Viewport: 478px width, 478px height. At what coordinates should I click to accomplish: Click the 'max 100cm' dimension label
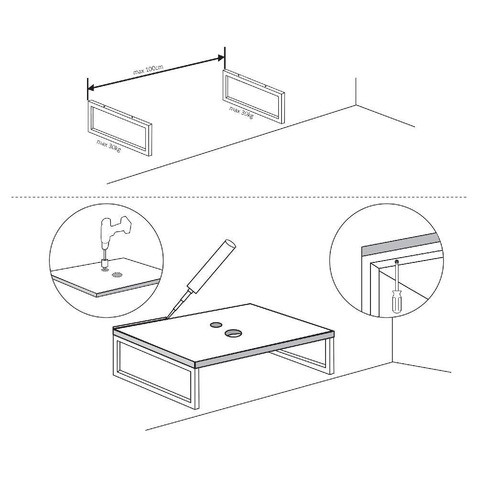148,70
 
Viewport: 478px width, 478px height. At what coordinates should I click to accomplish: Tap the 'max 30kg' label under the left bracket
109,146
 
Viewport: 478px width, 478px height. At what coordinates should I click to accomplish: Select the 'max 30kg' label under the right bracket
241,112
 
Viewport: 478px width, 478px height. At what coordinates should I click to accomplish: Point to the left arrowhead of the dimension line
91,88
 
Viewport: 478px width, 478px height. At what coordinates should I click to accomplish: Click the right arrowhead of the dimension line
220,57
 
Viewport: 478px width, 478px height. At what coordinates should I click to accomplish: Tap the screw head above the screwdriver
396,261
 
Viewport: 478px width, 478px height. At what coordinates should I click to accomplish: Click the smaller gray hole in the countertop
216,325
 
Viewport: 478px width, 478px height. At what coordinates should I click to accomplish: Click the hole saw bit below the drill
105,263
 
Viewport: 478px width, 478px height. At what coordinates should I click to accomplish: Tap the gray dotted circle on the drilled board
117,275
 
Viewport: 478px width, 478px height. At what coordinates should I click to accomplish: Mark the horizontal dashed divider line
239,197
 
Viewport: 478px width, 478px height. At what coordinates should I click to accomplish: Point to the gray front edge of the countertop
264,350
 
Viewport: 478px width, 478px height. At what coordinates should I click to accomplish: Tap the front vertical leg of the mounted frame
196,388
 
